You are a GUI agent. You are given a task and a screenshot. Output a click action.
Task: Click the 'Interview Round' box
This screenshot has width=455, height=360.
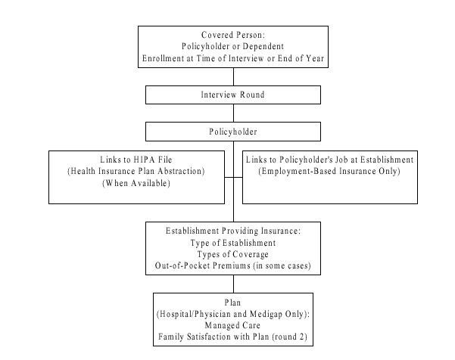click(x=233, y=95)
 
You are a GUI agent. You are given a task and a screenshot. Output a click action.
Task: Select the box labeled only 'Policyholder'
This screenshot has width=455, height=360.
click(x=233, y=131)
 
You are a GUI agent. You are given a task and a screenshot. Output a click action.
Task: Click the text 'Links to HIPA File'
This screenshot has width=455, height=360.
click(x=136, y=160)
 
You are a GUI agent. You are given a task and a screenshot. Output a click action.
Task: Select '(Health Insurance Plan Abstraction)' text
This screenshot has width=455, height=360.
click(x=136, y=172)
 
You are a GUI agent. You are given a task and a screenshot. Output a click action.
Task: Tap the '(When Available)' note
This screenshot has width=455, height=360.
click(x=136, y=183)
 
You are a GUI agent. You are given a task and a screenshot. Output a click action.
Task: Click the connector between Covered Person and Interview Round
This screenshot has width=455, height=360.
click(x=233, y=76)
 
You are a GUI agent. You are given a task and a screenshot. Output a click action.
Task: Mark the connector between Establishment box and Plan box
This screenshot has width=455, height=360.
click(x=233, y=283)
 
